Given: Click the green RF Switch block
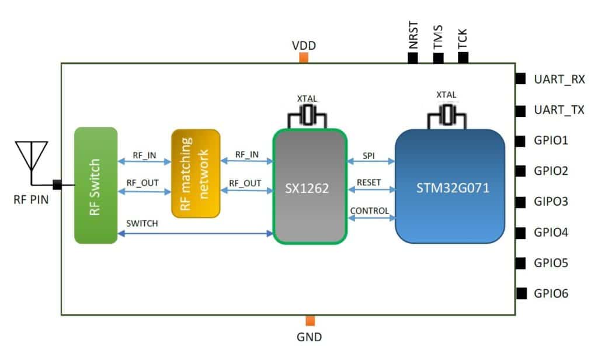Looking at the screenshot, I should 96,185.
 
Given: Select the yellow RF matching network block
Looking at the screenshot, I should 196,174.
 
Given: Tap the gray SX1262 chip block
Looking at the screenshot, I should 310,186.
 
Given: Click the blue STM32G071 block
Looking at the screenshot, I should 450,186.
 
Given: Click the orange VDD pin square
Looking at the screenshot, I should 303,57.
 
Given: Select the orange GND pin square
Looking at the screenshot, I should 310,320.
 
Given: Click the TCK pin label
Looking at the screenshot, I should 462,37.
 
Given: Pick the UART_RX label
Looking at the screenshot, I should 559,79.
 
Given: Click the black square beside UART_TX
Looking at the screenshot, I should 520,110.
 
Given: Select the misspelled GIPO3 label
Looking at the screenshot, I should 551,202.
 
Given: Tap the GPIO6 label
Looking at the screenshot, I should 551,293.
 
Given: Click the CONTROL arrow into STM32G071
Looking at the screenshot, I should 371,217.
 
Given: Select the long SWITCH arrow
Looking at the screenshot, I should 195,233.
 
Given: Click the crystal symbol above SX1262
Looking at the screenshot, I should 308,116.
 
